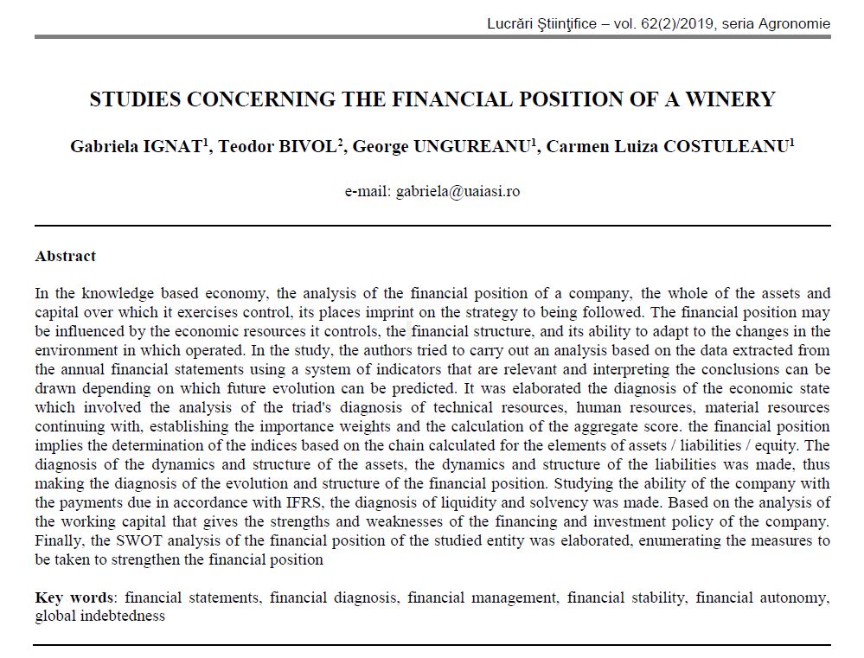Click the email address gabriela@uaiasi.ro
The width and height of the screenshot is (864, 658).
[458, 191]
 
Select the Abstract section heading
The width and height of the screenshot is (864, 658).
[66, 256]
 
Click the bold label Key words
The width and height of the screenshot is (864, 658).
[74, 597]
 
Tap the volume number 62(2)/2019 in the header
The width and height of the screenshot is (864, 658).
[674, 24]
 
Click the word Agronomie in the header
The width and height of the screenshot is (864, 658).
[796, 24]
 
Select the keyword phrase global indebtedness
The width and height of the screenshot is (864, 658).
[99, 616]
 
